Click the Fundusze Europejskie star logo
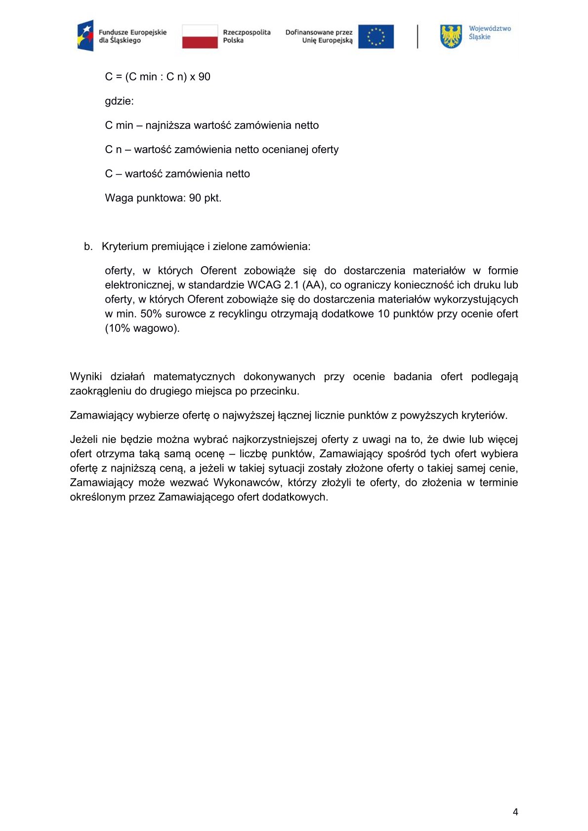(85, 36)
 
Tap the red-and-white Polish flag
(200, 37)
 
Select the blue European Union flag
(376, 37)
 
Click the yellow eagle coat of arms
(451, 37)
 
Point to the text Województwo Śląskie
(489, 33)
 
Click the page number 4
(515, 812)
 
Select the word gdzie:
(119, 101)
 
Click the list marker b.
(88, 246)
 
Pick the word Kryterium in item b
(125, 246)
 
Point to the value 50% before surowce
(151, 314)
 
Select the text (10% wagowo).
(142, 328)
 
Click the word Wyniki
(86, 376)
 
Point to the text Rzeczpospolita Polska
(247, 37)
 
